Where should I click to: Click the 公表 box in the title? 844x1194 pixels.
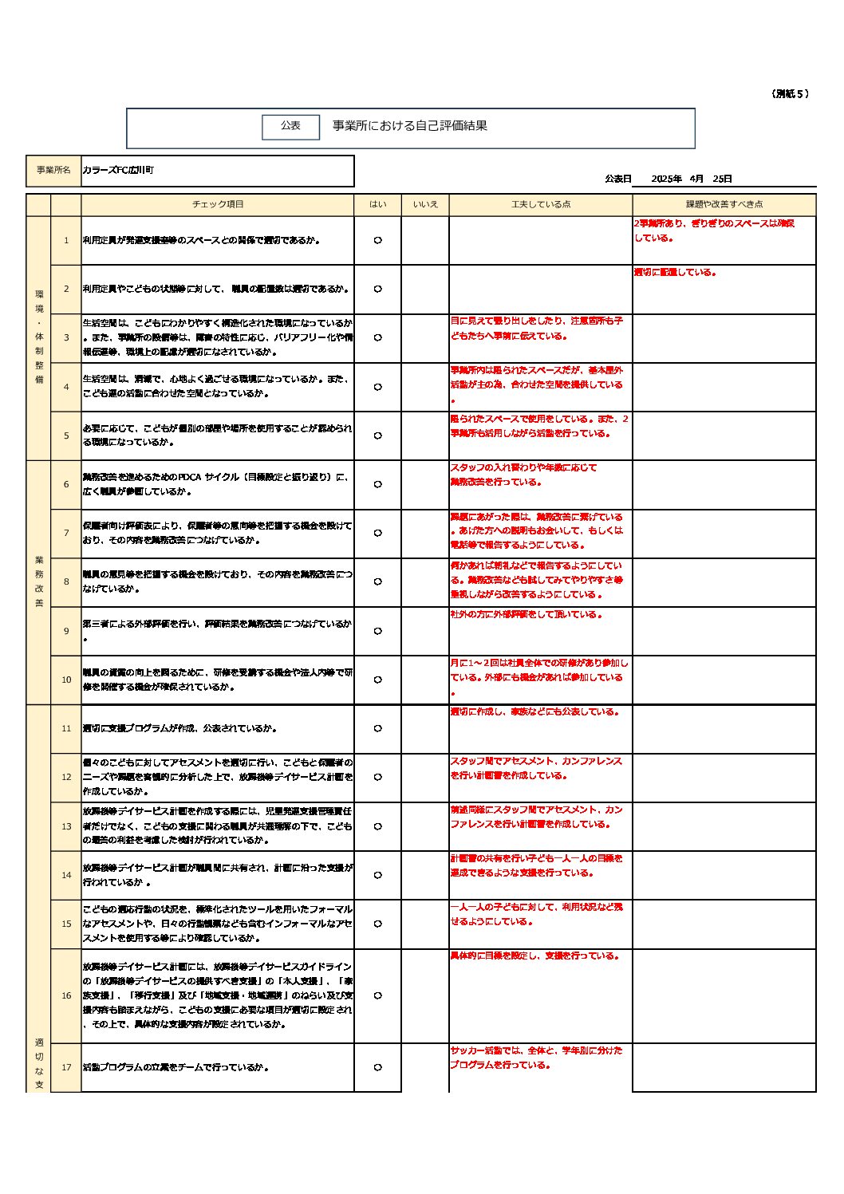290,126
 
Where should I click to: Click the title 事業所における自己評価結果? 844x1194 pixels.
409,126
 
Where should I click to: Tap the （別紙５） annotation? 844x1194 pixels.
790,94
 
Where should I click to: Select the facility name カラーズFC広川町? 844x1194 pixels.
118,171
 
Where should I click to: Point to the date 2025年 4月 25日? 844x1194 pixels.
691,179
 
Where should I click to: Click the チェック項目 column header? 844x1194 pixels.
218,205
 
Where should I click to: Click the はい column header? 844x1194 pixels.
377,205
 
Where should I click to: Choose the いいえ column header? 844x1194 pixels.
425,205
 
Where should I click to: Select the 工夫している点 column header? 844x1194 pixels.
541,205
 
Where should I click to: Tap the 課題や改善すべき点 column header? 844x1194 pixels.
724,205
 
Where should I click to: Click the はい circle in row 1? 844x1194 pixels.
377,241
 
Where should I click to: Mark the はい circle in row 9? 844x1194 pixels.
377,632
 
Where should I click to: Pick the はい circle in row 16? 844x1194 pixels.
377,996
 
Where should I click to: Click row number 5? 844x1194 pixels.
66,436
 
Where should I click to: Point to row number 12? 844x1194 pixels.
66,778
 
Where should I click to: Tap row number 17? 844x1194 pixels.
66,1068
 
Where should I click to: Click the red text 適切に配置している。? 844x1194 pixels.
675,273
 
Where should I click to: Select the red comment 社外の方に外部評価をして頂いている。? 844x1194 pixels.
527,615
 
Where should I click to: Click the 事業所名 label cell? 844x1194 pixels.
53,171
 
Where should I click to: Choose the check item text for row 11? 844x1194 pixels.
180,729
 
